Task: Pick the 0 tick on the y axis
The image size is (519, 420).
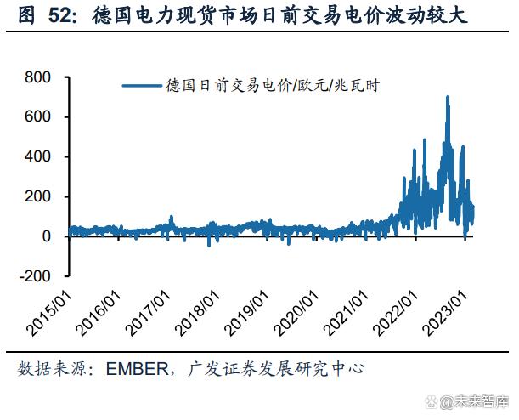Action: [x=48, y=236]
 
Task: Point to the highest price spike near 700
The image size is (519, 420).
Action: [x=448, y=97]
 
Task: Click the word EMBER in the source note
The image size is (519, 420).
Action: [x=134, y=370]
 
